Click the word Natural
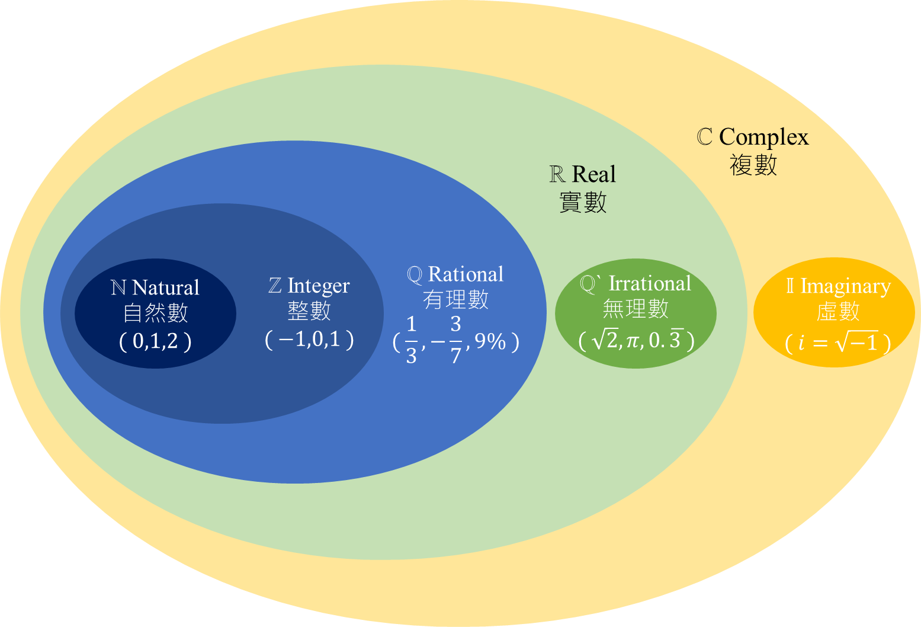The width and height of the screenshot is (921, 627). [166, 287]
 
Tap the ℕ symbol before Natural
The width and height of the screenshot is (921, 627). [118, 287]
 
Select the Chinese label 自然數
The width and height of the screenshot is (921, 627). [155, 313]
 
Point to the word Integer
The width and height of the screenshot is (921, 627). [319, 286]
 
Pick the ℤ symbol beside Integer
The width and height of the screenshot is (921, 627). [275, 286]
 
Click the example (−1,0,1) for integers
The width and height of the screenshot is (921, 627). [309, 339]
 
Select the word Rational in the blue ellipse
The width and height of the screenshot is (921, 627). [466, 274]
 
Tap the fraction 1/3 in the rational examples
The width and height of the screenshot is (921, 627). [412, 340]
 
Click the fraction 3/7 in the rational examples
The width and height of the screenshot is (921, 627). [455, 340]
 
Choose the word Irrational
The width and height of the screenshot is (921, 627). [650, 283]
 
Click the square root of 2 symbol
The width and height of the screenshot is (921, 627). [605, 340]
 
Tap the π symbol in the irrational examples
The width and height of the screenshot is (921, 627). [633, 341]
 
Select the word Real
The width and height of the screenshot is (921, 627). [594, 174]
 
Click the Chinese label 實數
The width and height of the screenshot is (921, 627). [583, 203]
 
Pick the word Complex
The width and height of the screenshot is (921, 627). [763, 137]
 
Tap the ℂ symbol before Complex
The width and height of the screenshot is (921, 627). [704, 137]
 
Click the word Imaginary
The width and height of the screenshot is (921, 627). [845, 286]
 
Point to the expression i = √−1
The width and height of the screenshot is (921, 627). [838, 343]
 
